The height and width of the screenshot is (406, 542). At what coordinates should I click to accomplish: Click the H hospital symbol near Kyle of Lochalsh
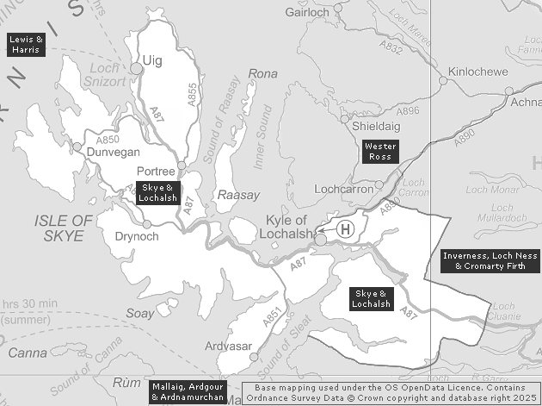pyautogui.click(x=345, y=228)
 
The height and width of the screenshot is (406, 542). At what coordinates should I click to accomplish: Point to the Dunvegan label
pyautogui.click(x=114, y=152)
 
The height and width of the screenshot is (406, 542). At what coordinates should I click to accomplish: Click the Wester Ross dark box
pyautogui.click(x=379, y=151)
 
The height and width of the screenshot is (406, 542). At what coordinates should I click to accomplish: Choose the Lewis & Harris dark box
pyautogui.click(x=26, y=45)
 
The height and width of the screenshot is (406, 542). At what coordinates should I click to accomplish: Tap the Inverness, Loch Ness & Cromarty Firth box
pyautogui.click(x=490, y=261)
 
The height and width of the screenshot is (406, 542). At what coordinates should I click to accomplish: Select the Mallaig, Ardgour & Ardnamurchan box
pyautogui.click(x=188, y=391)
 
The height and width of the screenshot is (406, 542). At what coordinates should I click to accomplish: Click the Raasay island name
pyautogui.click(x=238, y=196)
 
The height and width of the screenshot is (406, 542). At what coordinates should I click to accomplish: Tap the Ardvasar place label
pyautogui.click(x=229, y=347)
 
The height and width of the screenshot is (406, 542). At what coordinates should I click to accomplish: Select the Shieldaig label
pyautogui.click(x=377, y=126)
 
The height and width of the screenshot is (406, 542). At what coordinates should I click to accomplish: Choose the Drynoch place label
pyautogui.click(x=137, y=236)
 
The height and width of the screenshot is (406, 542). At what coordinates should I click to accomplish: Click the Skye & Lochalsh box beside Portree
pyautogui.click(x=158, y=192)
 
